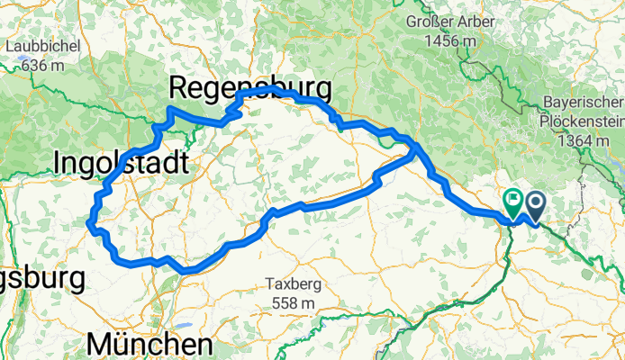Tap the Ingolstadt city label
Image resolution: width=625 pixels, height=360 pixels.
coord(122,163)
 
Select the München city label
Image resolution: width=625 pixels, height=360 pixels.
coord(151,345)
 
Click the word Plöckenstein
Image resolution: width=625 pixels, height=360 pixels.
coord(583,120)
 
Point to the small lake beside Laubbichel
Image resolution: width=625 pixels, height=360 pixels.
coord(19,65)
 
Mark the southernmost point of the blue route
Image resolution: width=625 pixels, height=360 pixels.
coord(186,270)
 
